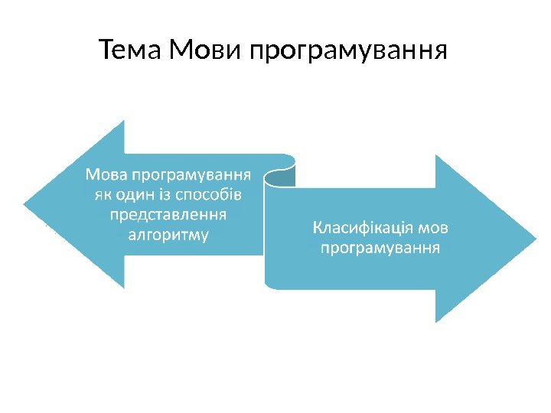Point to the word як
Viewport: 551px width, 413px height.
click(x=104, y=192)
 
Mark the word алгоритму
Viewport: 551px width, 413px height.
click(x=170, y=233)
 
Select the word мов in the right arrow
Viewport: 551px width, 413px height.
click(x=434, y=228)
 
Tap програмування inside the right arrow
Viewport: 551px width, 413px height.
click(x=380, y=249)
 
